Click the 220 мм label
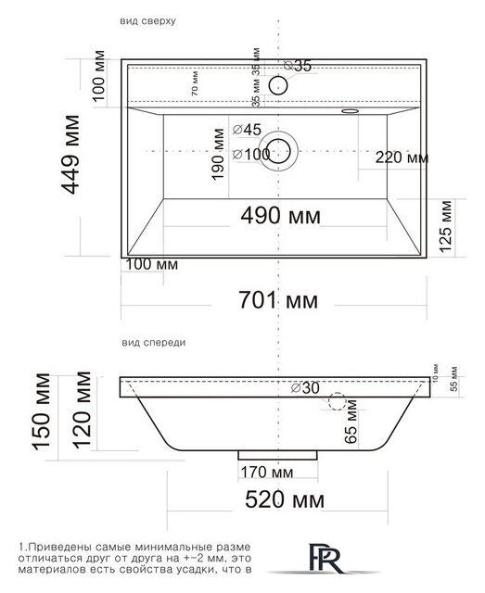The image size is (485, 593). coord(402,158)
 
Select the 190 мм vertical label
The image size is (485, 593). coord(219,165)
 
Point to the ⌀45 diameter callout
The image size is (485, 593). coord(249,130)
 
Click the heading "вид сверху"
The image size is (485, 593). coord(144,19)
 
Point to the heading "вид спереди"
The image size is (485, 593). coord(153,343)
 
